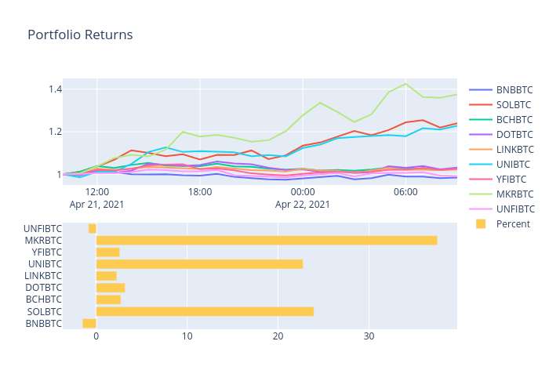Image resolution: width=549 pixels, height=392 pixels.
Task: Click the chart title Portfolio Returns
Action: point(80,35)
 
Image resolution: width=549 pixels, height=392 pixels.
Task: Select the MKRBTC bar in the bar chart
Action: point(267,240)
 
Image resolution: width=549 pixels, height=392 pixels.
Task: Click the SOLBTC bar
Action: point(205,311)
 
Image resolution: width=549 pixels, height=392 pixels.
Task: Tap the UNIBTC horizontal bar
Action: point(199,264)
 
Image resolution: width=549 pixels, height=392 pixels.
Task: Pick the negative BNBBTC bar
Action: point(89,323)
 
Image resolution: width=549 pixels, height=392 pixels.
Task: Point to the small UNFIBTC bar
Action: point(93,228)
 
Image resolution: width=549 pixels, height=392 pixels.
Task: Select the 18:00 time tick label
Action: point(200,191)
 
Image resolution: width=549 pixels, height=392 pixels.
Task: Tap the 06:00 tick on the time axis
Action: point(405,191)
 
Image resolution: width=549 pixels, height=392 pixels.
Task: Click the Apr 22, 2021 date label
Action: point(303,205)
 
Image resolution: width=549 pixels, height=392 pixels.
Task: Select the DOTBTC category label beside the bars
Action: point(43,288)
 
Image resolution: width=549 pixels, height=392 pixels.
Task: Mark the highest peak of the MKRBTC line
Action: point(405,83)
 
